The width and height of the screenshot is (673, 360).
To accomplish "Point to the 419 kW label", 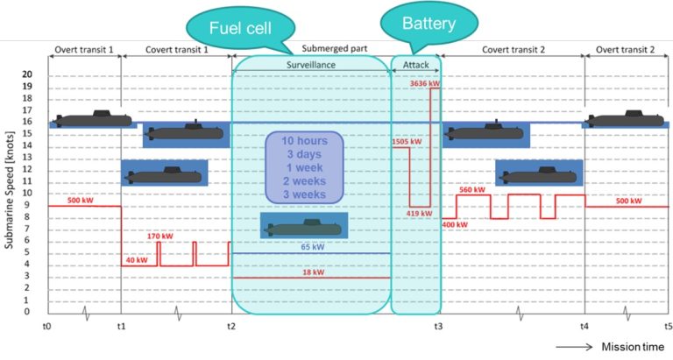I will [x=419, y=213].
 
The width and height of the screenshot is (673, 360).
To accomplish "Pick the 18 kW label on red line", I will [x=312, y=272].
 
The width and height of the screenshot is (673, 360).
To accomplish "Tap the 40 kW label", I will [x=136, y=260].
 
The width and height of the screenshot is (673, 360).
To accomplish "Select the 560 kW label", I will [x=471, y=189].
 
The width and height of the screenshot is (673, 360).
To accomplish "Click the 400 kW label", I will [x=455, y=224].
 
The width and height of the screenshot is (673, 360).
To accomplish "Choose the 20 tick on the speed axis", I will [x=26, y=74].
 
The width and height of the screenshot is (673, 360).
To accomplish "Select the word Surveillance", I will [x=311, y=65].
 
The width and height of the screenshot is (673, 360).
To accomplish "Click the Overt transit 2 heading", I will [x=627, y=50].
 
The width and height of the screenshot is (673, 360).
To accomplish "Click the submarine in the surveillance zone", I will [x=303, y=227].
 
